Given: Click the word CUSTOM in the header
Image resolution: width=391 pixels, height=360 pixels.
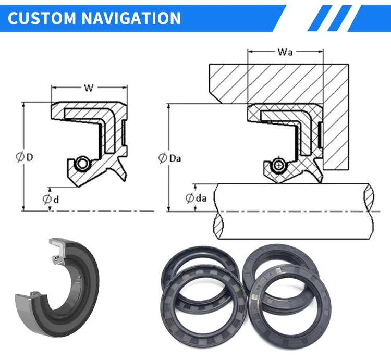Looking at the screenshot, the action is [42, 18].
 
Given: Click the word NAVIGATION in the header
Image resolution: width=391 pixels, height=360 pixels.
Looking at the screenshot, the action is [131, 18].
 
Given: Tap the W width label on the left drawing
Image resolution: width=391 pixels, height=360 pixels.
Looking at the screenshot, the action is [89, 88].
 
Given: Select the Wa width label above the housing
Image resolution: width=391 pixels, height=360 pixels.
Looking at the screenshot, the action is [285, 52].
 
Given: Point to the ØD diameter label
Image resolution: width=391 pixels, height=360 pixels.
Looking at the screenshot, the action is [25, 157].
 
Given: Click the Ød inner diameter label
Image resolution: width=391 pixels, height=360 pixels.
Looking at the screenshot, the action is [51, 200].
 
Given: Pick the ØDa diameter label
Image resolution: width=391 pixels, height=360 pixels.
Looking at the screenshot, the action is [170, 158].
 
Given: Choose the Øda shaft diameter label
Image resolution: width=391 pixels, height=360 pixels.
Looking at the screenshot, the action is [196, 198].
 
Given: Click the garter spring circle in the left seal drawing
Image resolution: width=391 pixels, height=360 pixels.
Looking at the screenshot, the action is [82, 164].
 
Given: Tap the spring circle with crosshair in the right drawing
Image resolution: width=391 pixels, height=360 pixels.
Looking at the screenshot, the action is [279, 165].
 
